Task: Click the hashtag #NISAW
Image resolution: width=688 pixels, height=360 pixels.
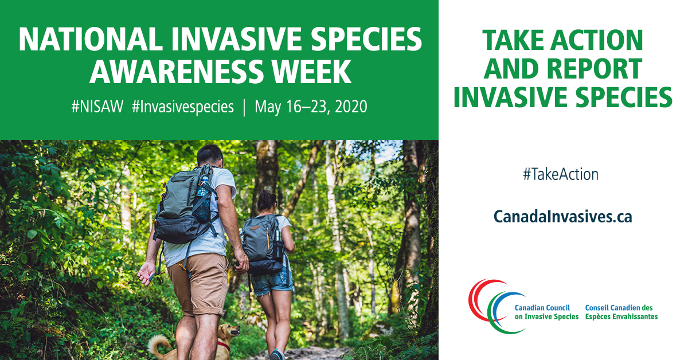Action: coord(97,107)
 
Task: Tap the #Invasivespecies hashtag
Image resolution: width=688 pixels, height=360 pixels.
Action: coord(183,107)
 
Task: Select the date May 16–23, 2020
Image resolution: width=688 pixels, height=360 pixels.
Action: coord(311,107)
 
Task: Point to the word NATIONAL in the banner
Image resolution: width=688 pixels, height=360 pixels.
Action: coord(91,39)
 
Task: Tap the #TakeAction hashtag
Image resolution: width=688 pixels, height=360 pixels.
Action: coord(561,174)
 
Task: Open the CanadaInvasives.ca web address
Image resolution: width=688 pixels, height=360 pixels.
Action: coord(562,217)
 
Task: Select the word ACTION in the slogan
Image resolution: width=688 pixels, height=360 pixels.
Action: coord(596,40)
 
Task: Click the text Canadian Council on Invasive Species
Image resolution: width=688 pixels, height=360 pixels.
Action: coord(546,312)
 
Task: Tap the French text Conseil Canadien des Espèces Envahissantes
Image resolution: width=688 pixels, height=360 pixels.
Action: coord(621,312)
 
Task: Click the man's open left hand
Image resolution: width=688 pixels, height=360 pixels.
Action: coord(147,273)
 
